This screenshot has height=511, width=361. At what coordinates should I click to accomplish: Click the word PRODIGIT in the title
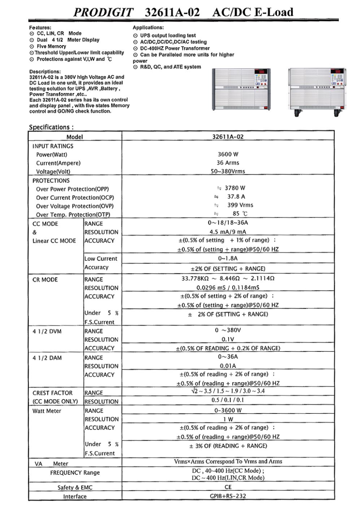(x=103, y=13)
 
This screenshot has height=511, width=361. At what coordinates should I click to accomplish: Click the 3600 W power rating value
(x=228, y=154)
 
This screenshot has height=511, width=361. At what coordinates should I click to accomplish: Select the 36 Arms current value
(x=228, y=163)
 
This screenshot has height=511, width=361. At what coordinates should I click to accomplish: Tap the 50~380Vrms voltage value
(x=228, y=171)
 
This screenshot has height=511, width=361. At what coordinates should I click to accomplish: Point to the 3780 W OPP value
(x=235, y=188)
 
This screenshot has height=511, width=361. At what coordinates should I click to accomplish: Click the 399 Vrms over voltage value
(x=240, y=205)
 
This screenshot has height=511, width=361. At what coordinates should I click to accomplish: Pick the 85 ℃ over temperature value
(x=240, y=214)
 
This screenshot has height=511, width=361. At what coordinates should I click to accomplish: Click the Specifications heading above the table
(x=51, y=127)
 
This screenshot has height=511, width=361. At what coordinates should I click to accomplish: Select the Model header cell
(x=75, y=137)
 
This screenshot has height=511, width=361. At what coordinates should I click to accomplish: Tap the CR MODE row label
(x=45, y=280)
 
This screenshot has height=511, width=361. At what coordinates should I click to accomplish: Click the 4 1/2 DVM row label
(x=47, y=331)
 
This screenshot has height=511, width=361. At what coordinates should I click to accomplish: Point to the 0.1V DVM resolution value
(x=228, y=339)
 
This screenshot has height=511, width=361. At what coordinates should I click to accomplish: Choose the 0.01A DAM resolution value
(x=228, y=366)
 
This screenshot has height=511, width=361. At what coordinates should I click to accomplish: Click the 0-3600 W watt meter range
(x=228, y=411)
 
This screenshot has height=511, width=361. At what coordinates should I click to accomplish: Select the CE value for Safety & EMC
(x=228, y=487)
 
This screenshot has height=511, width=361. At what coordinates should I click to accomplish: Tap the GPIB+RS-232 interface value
(x=228, y=496)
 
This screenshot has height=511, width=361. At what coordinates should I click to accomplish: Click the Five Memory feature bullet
(x=51, y=47)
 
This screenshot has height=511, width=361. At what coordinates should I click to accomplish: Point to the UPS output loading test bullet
(x=168, y=35)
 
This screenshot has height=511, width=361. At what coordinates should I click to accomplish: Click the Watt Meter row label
(x=47, y=411)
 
